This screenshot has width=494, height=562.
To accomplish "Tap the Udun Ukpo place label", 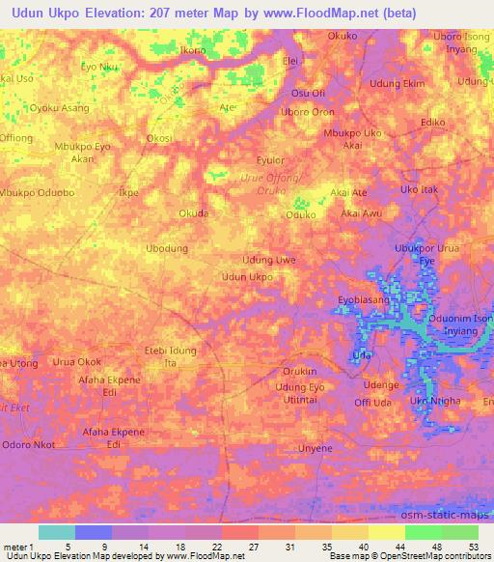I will coord(247,277).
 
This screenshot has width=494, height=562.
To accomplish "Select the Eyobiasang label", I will coord(363,300).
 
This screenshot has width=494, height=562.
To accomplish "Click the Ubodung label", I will coord(166,248).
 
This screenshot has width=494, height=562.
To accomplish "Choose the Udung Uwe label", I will coord(269,260).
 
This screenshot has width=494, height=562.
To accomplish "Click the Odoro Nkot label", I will coord(28,445).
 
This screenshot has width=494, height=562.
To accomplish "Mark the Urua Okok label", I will coord(77,361).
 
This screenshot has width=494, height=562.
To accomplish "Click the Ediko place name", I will coord(432,123).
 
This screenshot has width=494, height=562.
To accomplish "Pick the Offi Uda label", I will coord(372,402).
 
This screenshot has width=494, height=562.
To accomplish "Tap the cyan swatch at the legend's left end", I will coord(56,532).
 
